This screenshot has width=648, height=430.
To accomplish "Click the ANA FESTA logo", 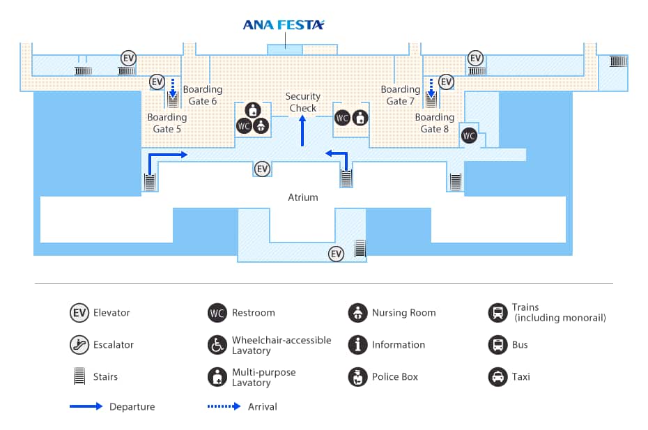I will tap(284, 25).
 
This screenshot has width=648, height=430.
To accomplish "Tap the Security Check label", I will tap(302, 102).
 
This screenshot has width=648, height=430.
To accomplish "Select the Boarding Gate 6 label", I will tap(202, 95).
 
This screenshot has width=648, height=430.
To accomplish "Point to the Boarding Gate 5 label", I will tap(167, 123).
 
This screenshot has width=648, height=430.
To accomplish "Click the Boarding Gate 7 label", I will tap(400, 95).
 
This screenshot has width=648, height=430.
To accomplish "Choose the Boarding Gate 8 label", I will tap(434, 123).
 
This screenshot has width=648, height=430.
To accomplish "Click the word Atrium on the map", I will tap(303, 197).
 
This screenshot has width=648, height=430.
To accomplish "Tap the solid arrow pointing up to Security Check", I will tap(302, 130).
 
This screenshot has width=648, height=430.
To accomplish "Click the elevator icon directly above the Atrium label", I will tap(262, 169).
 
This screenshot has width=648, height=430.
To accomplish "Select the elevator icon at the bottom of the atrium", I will tap(337, 254).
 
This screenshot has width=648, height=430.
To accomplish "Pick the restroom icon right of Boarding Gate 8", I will tap(469, 135).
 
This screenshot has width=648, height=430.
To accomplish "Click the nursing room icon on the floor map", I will tap(261, 125).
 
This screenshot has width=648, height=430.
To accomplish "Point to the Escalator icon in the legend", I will tap(79, 344).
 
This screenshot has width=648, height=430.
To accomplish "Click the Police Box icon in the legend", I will tap(357, 376).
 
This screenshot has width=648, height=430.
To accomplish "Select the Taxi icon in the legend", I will tap(497, 376).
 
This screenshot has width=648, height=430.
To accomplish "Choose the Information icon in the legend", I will tap(357, 344).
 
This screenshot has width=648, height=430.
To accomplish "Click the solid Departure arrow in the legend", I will tap(87, 406).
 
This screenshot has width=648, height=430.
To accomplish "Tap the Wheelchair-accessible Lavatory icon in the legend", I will tap(217, 344).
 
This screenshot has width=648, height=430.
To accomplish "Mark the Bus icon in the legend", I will tap(497, 344).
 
